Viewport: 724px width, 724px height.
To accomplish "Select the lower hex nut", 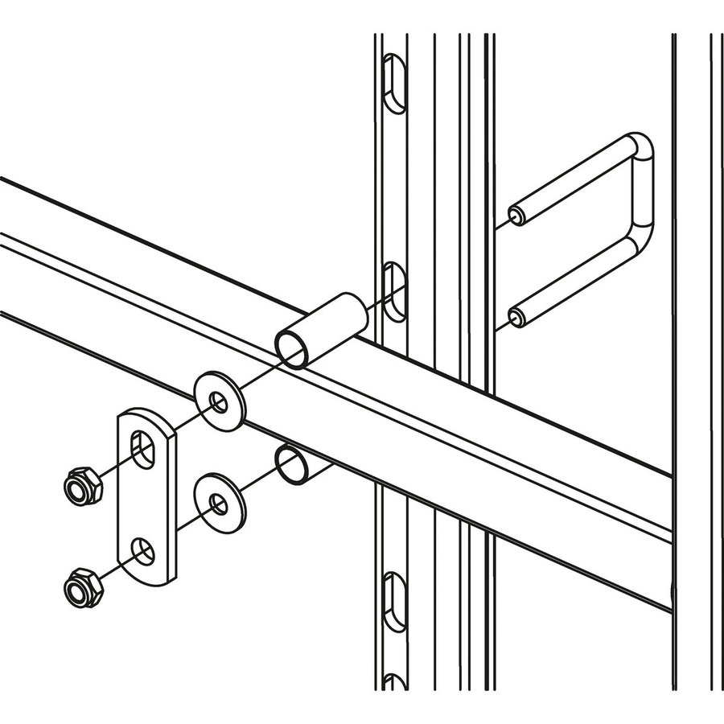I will (x=82, y=586).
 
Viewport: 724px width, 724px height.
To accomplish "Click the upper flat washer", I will (x=220, y=401).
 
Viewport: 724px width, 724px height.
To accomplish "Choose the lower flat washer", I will (x=220, y=504).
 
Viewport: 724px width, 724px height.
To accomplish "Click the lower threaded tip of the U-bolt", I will (x=517, y=318).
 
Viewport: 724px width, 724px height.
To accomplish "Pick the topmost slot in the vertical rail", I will (x=393, y=83).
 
